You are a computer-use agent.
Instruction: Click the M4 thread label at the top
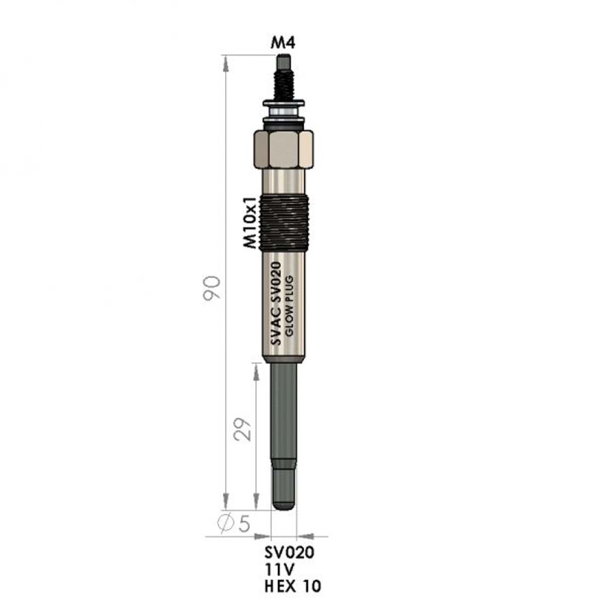pyautogui.click(x=283, y=42)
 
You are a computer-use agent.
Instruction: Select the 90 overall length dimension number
pyautogui.click(x=211, y=288)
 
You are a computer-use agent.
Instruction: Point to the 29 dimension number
pyautogui.click(x=242, y=429)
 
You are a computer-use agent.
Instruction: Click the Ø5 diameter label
pyautogui.click(x=234, y=524)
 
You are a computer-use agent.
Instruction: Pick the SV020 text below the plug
pyautogui.click(x=290, y=553)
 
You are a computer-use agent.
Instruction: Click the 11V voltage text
pyautogui.click(x=279, y=569)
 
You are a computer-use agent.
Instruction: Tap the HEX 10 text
pyautogui.click(x=293, y=586)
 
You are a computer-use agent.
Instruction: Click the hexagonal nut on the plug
pyautogui.click(x=283, y=150)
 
